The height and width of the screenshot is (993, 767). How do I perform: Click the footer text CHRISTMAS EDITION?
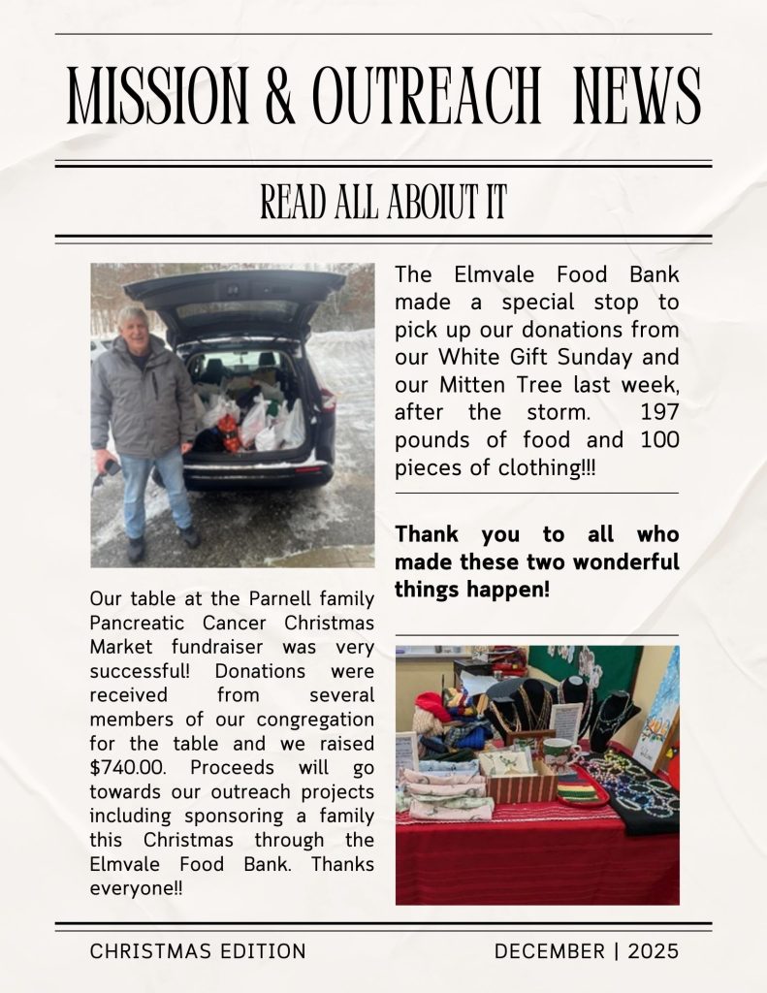coord(198,951)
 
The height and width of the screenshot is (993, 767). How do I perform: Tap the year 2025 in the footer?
coord(653,951)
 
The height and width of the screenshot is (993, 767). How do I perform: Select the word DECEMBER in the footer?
coord(549,951)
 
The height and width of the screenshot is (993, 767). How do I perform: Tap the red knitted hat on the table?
coord(431,707)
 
